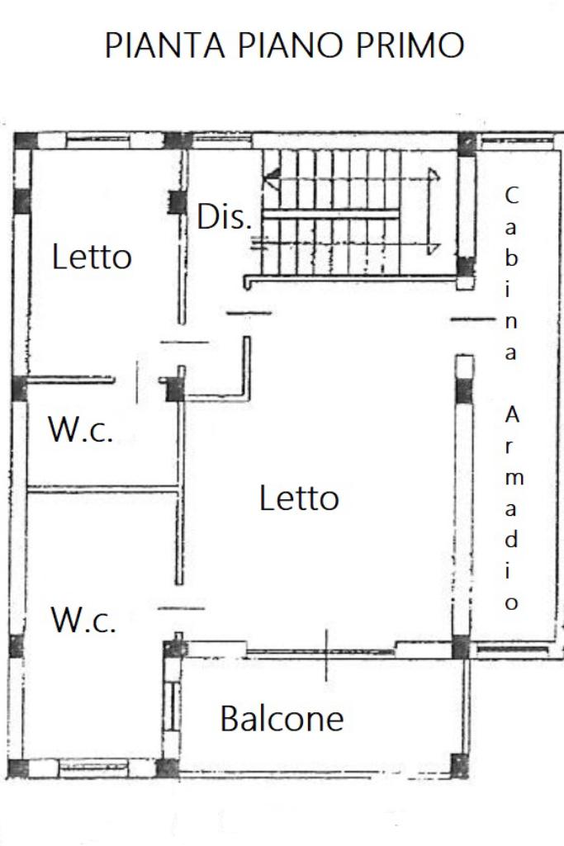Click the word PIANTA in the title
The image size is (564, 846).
point(164,45)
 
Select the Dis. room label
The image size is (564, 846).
point(224,217)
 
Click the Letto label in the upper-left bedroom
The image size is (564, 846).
point(92,257)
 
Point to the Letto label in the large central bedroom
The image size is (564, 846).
point(299,498)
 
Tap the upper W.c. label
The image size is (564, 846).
point(81,430)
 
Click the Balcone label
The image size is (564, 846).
point(282,718)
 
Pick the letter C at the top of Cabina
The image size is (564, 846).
point(511,196)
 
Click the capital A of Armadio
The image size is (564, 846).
point(512,415)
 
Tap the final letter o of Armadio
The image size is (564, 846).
point(511,603)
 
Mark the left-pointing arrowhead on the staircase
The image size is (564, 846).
point(272,178)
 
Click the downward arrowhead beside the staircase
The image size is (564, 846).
point(433,249)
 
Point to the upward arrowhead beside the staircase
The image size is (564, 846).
point(433,173)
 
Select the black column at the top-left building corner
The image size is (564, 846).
point(26,141)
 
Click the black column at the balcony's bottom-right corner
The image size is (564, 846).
point(459,766)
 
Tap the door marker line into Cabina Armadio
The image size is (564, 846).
point(472,320)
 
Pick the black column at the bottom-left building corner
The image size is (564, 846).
point(18,768)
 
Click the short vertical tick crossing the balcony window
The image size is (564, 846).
point(326,655)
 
